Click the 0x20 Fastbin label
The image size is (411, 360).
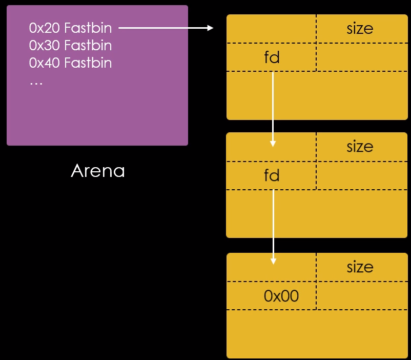[70, 28]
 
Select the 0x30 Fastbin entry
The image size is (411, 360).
[70, 46]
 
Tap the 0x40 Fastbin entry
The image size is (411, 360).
[70, 63]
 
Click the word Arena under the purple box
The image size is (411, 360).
[97, 171]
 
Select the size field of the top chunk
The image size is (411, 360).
[360, 29]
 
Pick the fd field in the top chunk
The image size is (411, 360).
[272, 57]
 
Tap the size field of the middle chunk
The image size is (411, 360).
[360, 147]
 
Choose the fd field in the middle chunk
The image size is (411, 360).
[272, 176]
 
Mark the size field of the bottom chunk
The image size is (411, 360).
[360, 267]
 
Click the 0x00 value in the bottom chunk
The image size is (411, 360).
[281, 296]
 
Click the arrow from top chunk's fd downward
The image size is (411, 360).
[273, 108]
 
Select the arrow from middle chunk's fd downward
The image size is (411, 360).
[273, 226]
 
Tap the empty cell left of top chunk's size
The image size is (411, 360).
[271, 29]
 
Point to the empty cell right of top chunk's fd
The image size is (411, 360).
[362, 57]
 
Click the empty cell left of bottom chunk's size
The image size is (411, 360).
[271, 267]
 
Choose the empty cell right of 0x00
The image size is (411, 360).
[362, 296]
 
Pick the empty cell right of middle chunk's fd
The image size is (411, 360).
[362, 176]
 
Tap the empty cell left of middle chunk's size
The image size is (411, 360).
[271, 147]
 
